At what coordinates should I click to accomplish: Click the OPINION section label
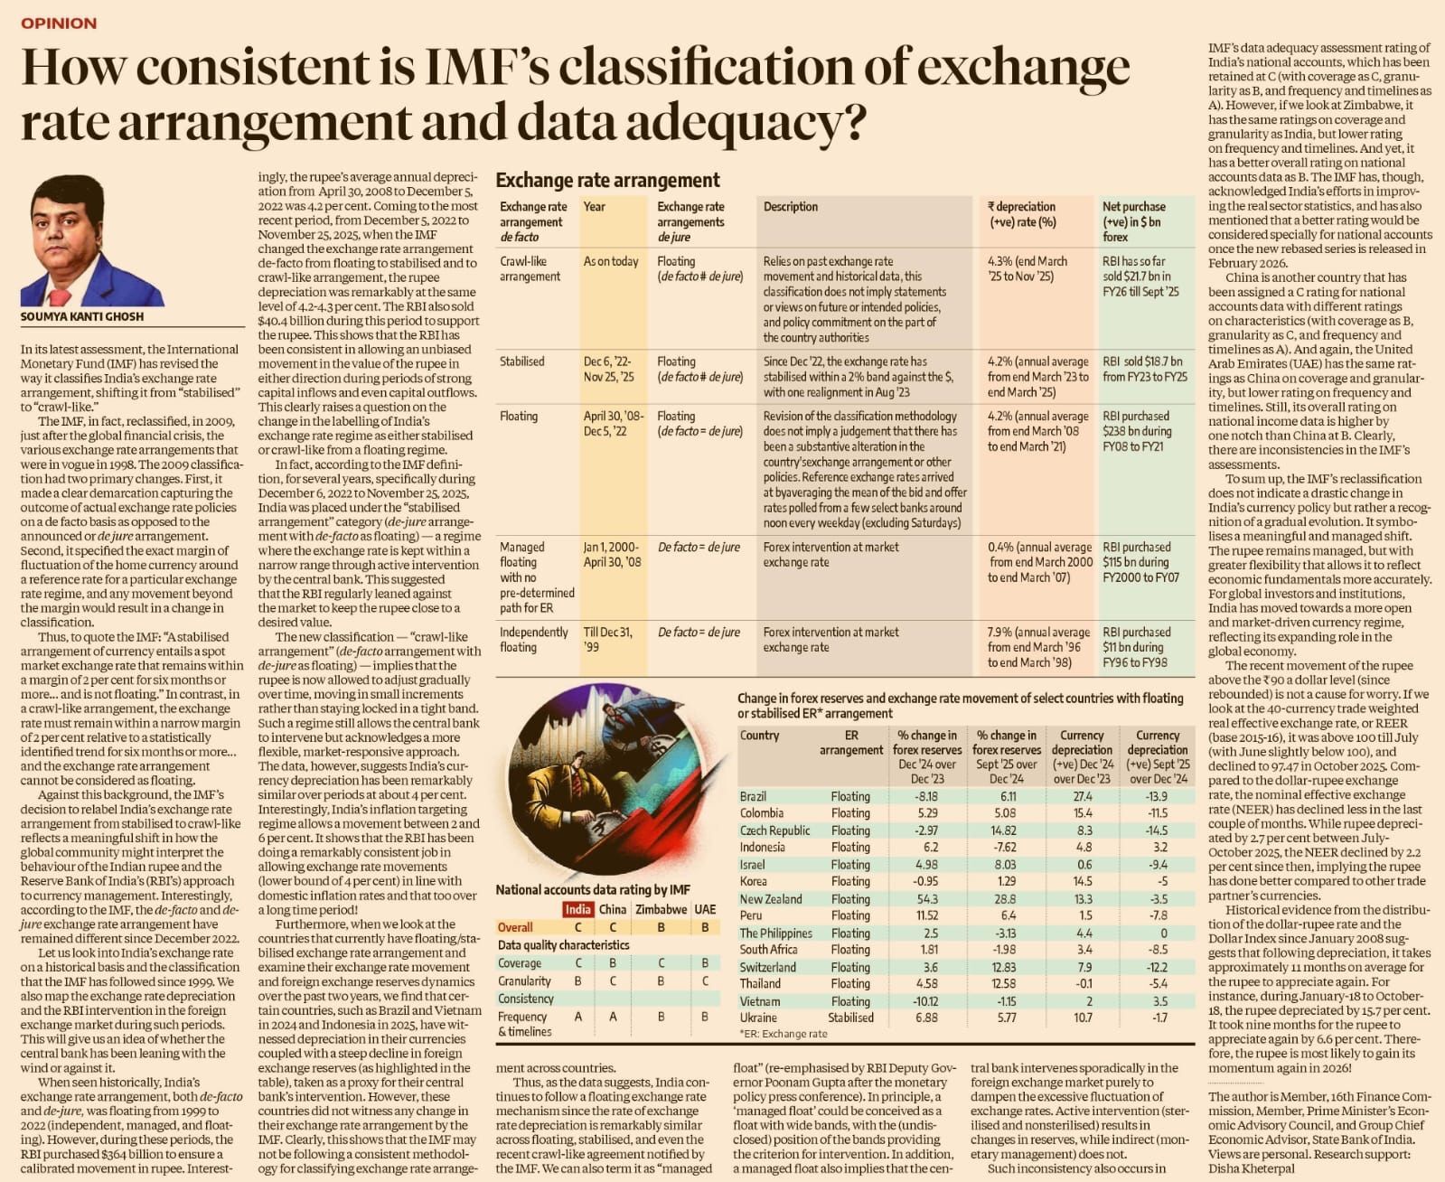point(59,23)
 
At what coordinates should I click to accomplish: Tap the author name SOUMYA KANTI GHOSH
point(82,317)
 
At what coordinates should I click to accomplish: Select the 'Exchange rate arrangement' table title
point(607,180)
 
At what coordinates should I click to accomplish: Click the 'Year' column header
point(594,207)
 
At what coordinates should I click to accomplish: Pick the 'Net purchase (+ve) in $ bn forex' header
point(1133,221)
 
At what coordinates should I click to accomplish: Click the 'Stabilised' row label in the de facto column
point(521,361)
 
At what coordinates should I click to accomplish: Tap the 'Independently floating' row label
point(533,639)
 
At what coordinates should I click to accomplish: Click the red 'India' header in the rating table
point(577,909)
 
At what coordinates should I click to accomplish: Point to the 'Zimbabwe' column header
point(661,909)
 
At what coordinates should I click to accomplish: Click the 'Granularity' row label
point(524,980)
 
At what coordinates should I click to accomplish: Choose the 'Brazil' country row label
point(754,796)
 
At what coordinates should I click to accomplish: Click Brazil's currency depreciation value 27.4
point(1082,796)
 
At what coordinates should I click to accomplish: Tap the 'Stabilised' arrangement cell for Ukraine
point(850,1018)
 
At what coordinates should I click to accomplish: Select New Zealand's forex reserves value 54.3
point(926,899)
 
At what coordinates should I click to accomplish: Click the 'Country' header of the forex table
point(759,736)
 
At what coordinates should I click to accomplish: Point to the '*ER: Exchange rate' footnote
point(783,1034)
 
